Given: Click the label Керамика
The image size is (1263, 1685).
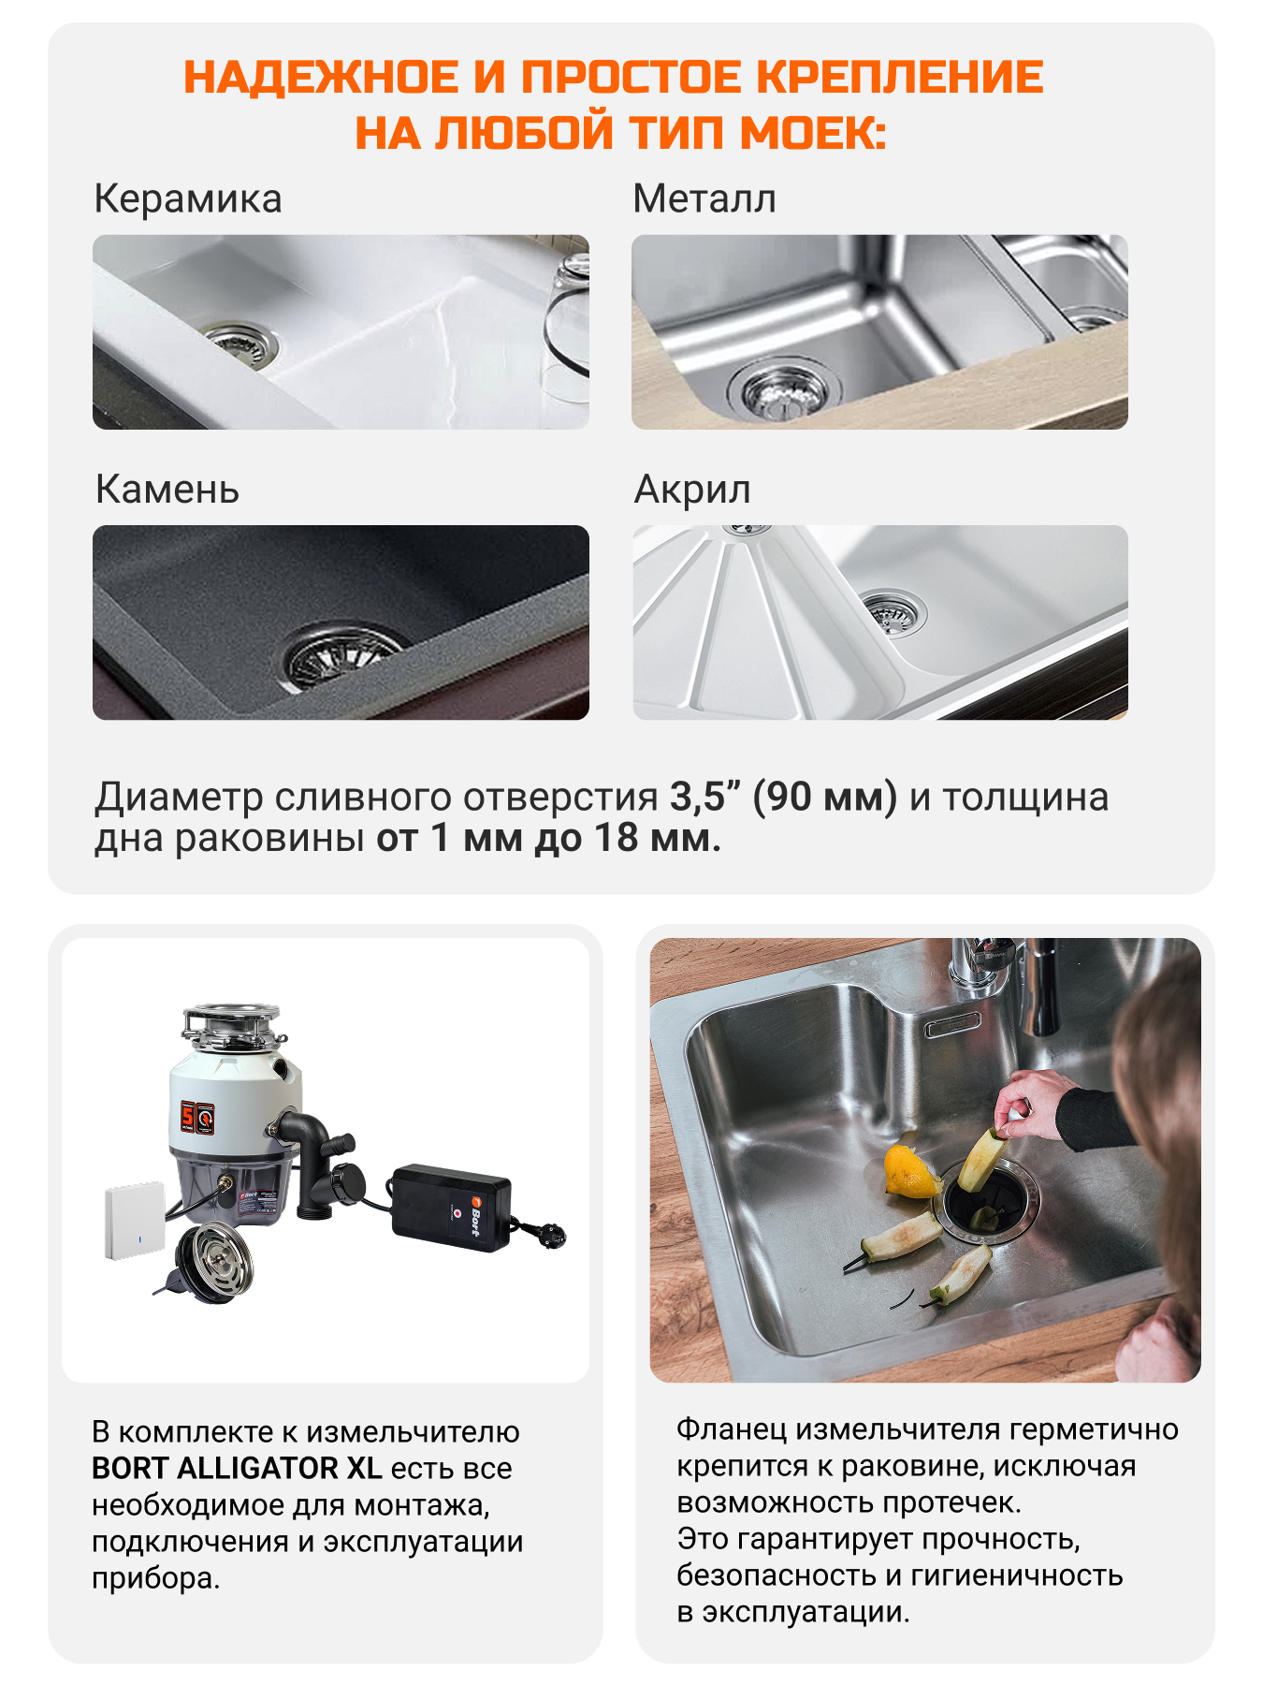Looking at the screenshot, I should point(187,199).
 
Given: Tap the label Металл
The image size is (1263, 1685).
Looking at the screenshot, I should point(704,199).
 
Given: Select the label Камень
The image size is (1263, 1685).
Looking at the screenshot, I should point(167,490).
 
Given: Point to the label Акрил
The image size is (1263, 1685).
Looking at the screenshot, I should point(692,490).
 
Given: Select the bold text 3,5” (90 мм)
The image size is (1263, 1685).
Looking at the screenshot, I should point(783,798).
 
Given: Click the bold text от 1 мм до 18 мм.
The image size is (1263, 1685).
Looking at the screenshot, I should point(548,838).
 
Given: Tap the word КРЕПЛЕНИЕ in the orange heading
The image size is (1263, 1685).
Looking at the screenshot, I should point(899,77).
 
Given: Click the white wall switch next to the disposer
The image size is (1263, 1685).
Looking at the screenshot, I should point(135,1220).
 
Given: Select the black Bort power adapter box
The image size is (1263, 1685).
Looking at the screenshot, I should point(451,1206).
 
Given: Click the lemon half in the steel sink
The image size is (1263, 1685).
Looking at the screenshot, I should point(909,1170).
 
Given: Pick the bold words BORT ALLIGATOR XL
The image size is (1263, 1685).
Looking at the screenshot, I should point(236,1468).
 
